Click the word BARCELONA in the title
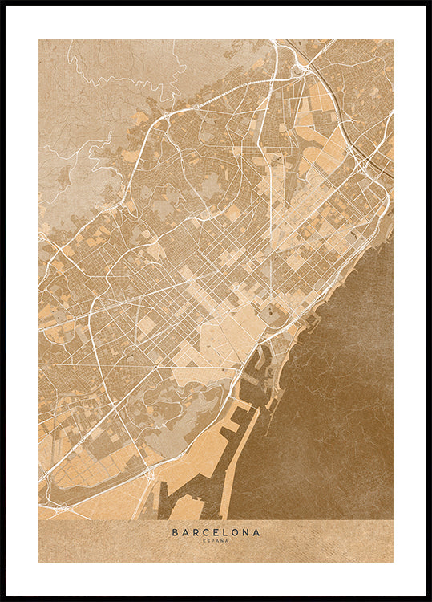[216, 531]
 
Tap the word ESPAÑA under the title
[216, 541]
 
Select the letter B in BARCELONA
[175, 531]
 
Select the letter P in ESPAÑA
[212, 541]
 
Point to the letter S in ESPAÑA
[208, 541]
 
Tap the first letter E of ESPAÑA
[204, 541]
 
